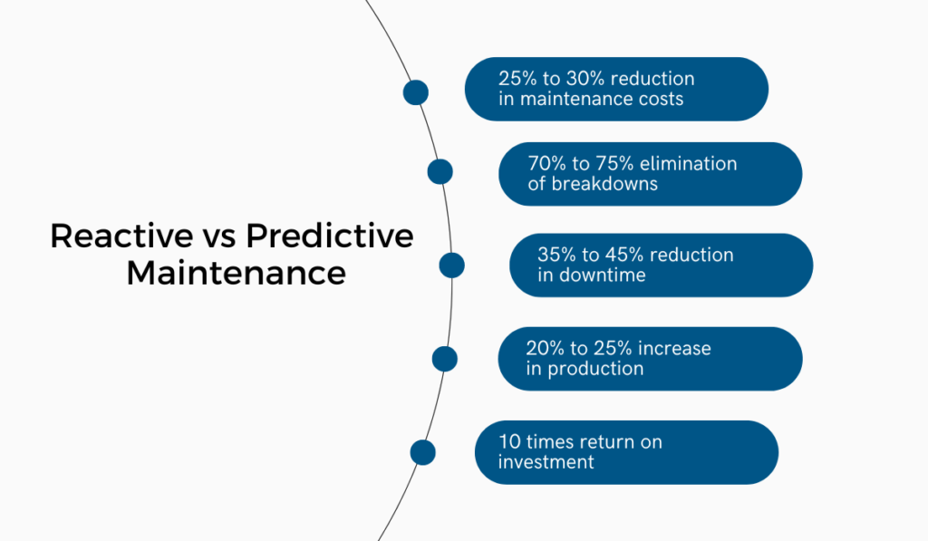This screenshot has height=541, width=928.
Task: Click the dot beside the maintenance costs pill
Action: click(x=415, y=92)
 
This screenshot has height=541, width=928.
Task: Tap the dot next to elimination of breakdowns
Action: click(x=440, y=171)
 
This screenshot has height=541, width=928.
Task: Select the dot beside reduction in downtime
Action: click(x=451, y=265)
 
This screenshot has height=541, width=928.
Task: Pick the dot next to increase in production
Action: click(x=445, y=359)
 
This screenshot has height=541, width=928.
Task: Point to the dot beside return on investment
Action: click(x=422, y=451)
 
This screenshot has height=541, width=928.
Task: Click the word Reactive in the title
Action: click(x=108, y=237)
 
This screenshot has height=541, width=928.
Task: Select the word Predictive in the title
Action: click(x=330, y=237)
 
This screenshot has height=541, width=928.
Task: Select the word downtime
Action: click(x=603, y=275)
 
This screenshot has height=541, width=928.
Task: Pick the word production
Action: click(x=596, y=369)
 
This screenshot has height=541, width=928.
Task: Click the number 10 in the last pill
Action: click(x=508, y=442)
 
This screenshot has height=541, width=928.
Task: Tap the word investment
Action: click(x=546, y=462)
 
